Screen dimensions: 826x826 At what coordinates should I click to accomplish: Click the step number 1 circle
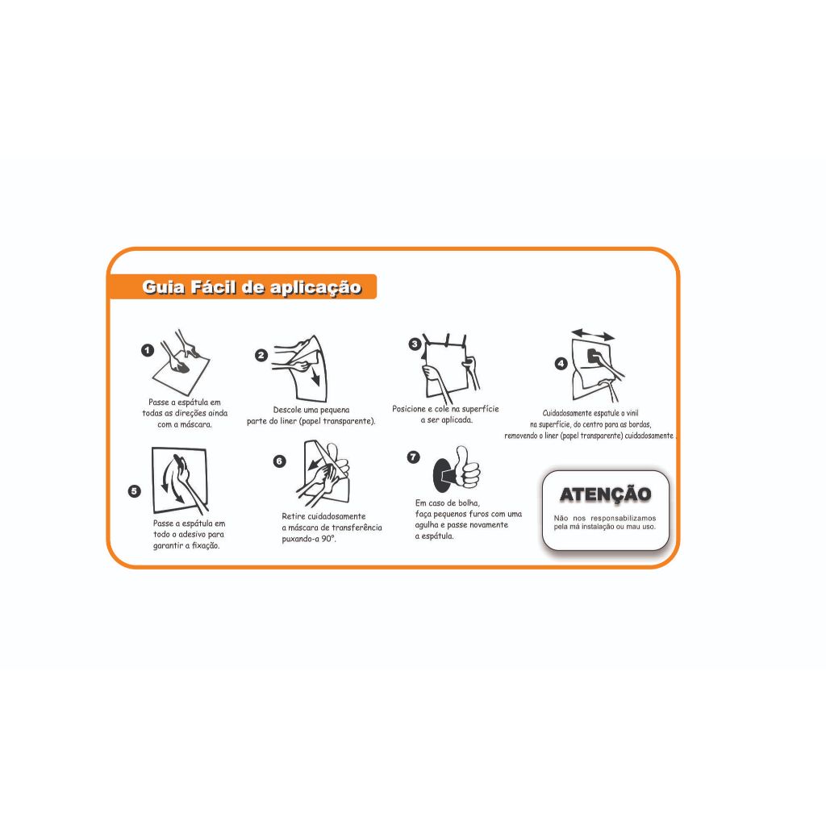pyautogui.click(x=148, y=350)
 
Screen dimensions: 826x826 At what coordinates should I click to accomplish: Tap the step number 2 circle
pyautogui.click(x=261, y=356)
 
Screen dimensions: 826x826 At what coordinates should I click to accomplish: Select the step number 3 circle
pyautogui.click(x=415, y=344)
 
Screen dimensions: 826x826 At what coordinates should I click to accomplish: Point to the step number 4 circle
pyautogui.click(x=561, y=364)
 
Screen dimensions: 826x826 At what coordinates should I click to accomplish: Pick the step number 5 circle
pyautogui.click(x=135, y=491)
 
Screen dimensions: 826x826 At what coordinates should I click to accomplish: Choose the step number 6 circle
pyautogui.click(x=279, y=461)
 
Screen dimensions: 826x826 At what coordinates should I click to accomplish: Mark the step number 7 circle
pyautogui.click(x=414, y=457)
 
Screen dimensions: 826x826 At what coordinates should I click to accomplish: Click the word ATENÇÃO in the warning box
pyautogui.click(x=606, y=494)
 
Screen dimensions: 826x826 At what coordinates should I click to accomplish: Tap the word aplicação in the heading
pyautogui.click(x=316, y=288)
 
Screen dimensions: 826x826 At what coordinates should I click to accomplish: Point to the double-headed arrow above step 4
pyautogui.click(x=593, y=335)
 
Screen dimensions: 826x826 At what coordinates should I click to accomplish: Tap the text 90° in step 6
pyautogui.click(x=329, y=539)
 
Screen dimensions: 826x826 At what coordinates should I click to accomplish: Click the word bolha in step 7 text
pyautogui.click(x=469, y=503)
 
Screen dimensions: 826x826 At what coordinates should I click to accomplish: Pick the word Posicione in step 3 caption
pyautogui.click(x=409, y=409)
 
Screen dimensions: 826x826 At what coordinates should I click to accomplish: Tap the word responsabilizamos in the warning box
pyautogui.click(x=624, y=519)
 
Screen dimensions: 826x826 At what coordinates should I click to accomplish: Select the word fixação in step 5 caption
pyautogui.click(x=206, y=546)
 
